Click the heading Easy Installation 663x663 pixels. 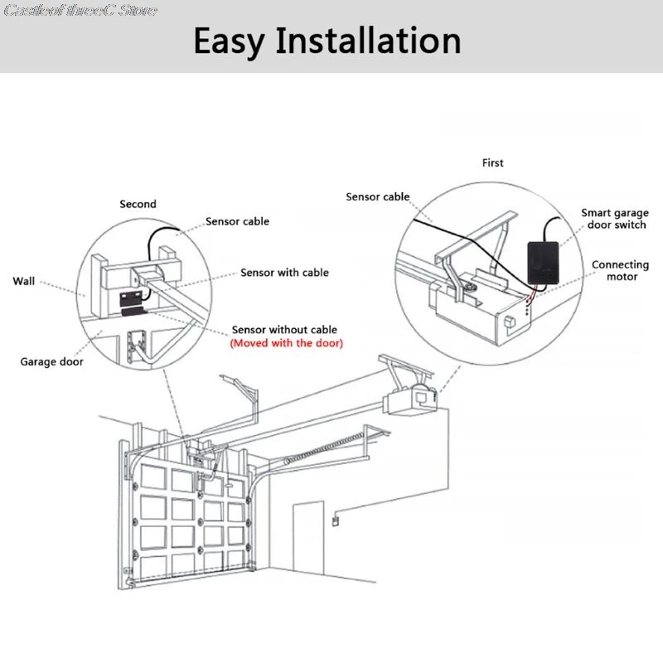327,41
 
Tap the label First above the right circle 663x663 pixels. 492,163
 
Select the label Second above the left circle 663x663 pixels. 138,204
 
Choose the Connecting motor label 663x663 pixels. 621,271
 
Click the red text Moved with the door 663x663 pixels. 286,343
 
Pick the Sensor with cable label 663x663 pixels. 284,273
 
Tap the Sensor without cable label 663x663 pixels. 284,330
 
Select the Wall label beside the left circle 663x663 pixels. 24,282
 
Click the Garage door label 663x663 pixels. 52,361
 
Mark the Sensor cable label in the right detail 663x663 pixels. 378,196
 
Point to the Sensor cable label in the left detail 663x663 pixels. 238,221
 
